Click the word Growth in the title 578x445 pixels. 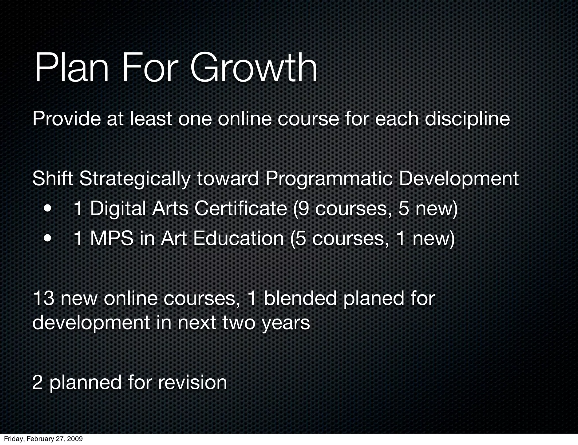(254, 68)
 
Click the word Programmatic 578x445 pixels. (329, 179)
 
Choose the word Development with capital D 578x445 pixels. (459, 179)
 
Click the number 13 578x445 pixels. (43, 299)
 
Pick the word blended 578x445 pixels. (300, 299)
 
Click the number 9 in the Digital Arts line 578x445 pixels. (303, 209)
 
